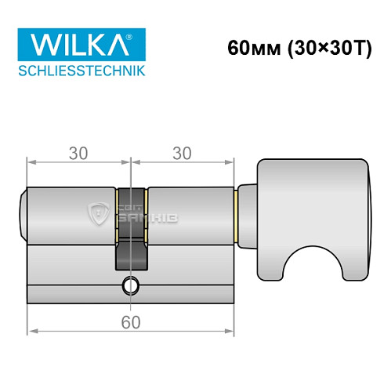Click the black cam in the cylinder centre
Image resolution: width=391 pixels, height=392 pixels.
click(131, 235)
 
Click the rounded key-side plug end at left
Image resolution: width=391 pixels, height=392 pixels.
click(23, 212)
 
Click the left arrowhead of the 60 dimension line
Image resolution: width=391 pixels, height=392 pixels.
click(31, 332)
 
